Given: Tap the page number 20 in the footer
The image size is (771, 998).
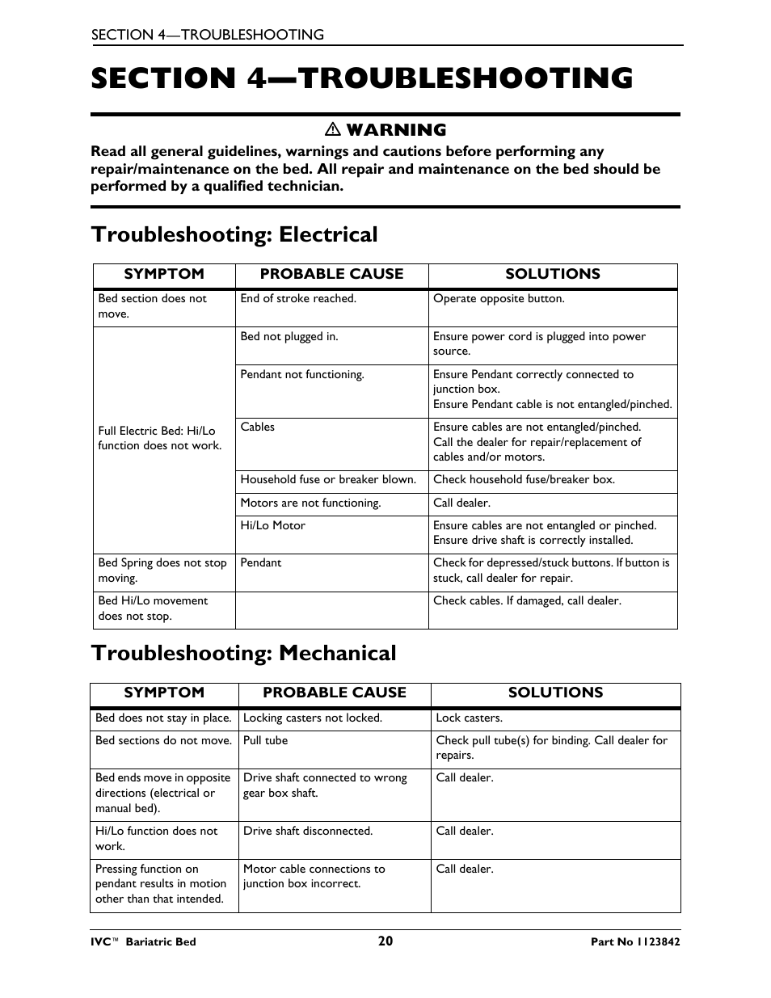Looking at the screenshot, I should [385, 941].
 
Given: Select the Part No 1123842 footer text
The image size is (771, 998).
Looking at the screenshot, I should [635, 941].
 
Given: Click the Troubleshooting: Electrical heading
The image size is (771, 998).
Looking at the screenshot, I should [234, 234].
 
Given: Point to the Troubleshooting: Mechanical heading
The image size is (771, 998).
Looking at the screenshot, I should [243, 653].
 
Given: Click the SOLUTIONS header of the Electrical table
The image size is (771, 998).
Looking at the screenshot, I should [553, 274].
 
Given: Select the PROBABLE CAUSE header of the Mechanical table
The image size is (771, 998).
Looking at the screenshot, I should [335, 693].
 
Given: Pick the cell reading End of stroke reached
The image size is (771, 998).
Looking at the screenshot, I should [298, 299].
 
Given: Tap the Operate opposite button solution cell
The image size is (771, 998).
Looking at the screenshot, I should [499, 299].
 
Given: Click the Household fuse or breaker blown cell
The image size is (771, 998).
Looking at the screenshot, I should [328, 480].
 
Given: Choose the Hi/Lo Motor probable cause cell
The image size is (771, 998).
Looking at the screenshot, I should [273, 526].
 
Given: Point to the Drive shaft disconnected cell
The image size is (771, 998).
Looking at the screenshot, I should [308, 831].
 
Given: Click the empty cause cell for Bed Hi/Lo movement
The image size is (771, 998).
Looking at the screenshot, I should [331, 610].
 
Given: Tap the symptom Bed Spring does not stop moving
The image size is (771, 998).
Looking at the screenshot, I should [162, 570].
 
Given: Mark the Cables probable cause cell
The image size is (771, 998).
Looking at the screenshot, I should [258, 427].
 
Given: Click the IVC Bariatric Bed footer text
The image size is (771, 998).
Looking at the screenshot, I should [143, 941].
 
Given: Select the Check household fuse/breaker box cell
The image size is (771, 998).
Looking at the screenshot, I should [524, 480].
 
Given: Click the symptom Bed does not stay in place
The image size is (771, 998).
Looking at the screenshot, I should [163, 718].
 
